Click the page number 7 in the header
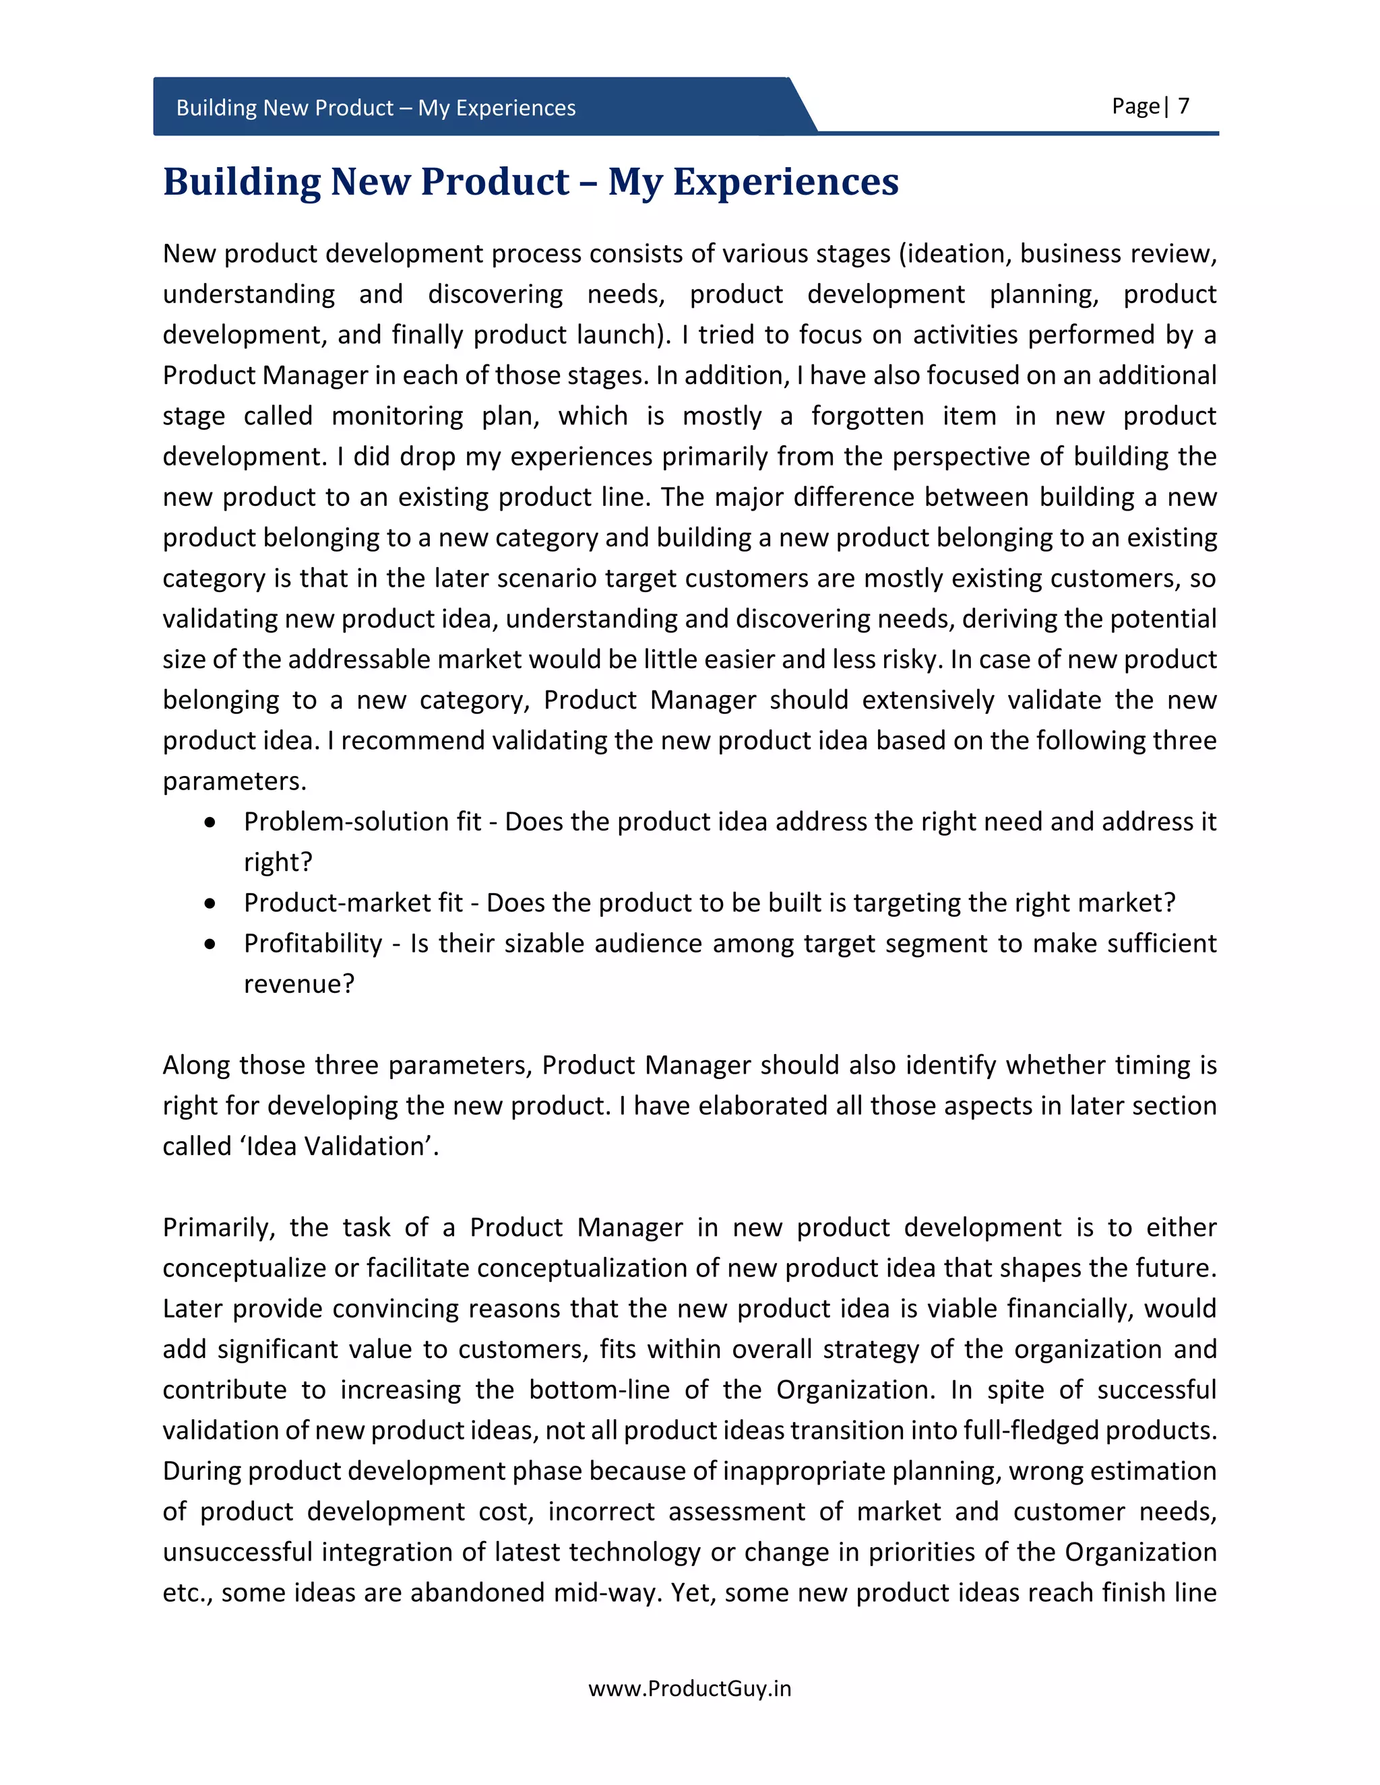point(1183,106)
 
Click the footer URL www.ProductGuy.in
point(689,1688)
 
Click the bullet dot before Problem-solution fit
point(211,822)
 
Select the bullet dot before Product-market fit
point(211,903)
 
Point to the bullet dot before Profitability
point(211,944)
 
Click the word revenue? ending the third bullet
point(299,984)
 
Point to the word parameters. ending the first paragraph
point(234,781)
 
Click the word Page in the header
point(1135,106)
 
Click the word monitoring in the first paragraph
point(398,416)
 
